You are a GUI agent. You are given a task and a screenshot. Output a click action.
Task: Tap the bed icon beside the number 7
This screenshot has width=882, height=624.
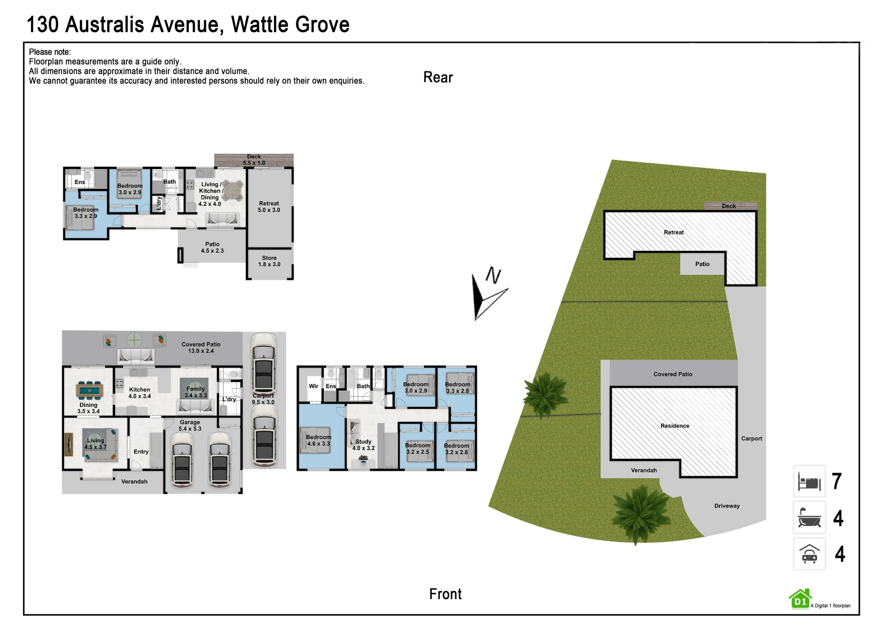[x=809, y=482]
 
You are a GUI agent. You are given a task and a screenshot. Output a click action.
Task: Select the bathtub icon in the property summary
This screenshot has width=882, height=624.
[x=809, y=517]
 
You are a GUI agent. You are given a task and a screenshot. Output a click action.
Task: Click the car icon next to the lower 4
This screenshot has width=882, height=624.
[x=809, y=554]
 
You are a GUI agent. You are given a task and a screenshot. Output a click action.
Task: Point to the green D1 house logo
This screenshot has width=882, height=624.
[x=800, y=599]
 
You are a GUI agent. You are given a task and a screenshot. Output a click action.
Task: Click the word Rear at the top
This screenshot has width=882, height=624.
[x=438, y=77]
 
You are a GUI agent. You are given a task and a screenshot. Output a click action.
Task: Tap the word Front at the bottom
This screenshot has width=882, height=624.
[x=445, y=594]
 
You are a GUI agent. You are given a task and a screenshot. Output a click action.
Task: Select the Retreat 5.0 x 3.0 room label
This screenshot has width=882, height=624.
[x=269, y=207]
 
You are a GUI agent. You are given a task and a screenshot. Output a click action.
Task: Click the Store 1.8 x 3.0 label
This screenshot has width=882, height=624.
[x=269, y=261]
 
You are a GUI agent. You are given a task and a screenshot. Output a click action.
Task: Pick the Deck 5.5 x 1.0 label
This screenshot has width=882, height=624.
[x=254, y=160]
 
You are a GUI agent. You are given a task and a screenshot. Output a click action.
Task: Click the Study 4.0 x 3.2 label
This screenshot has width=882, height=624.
[x=363, y=445]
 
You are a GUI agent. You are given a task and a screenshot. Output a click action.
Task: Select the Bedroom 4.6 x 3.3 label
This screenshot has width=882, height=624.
[x=318, y=440]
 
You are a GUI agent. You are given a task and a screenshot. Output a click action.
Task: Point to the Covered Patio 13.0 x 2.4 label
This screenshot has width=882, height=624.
[x=201, y=347]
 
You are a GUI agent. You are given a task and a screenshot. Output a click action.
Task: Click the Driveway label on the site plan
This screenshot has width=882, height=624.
[x=727, y=506]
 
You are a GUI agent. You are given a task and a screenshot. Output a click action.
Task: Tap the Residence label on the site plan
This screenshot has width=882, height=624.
[x=675, y=426]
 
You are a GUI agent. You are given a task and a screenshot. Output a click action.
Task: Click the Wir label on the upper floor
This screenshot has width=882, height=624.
[x=313, y=386]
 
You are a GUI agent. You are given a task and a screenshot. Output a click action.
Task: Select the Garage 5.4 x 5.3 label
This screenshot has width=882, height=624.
[x=190, y=425]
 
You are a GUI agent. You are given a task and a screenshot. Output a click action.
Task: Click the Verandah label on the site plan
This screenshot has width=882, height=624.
[x=644, y=470]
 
